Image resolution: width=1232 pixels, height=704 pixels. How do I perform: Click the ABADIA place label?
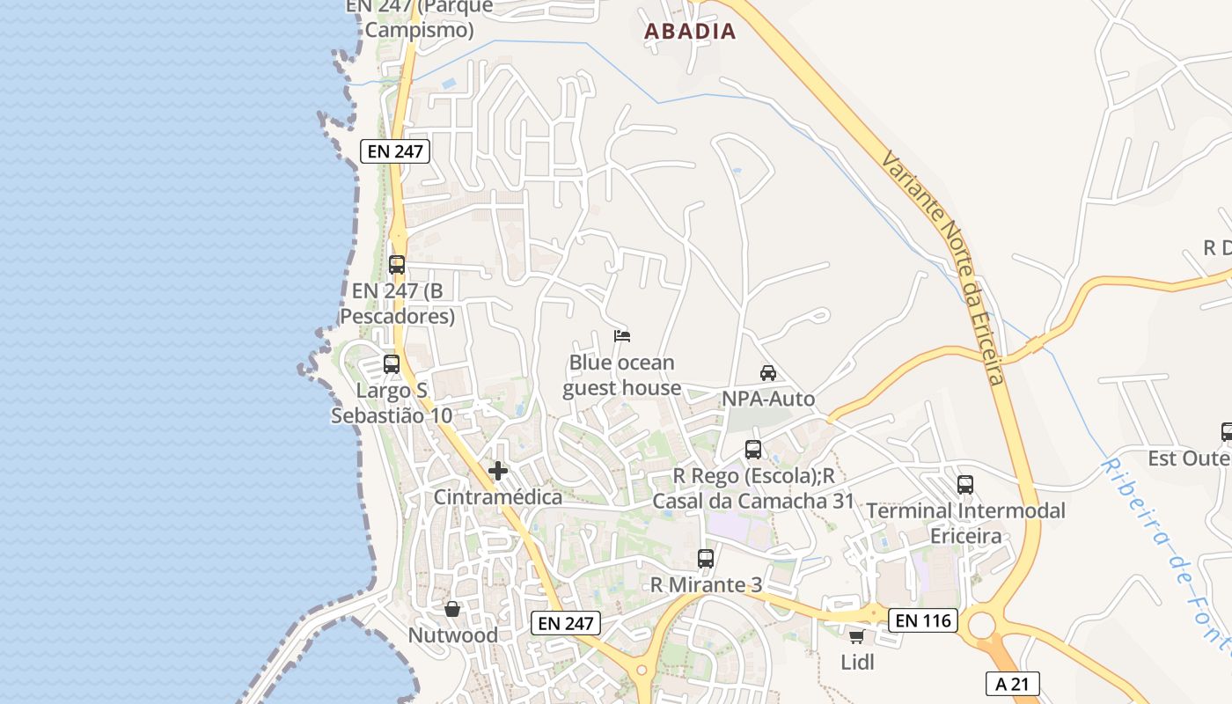coord(690,32)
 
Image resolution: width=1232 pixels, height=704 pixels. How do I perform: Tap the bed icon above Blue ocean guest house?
coord(622,335)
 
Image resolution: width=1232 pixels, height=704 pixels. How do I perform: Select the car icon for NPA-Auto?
coord(768,372)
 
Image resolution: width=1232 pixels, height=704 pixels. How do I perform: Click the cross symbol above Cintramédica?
coord(498,471)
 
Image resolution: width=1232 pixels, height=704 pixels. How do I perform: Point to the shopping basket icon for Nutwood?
coord(452,609)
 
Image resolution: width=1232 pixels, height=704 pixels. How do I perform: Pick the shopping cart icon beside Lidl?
coord(856,636)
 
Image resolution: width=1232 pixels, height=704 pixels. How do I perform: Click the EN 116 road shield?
coord(922,620)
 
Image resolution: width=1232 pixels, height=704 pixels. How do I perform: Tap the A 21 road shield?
coord(1012,684)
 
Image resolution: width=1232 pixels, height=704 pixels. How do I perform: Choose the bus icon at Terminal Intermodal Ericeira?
coord(965,485)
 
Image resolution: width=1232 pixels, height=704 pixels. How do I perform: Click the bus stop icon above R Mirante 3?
coord(706,558)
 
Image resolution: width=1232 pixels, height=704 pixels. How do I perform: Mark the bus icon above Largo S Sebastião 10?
coord(392,363)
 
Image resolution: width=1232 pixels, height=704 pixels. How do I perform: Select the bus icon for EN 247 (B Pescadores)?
coord(397,264)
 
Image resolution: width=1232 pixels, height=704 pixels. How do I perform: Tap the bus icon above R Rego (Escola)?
coord(753,450)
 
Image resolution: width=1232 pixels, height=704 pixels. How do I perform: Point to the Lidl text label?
coord(858,662)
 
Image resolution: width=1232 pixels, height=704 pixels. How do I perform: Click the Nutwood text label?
coord(452,634)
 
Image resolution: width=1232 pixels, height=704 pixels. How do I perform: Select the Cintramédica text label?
coord(498,497)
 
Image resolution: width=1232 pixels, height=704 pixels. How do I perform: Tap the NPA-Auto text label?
coord(768,399)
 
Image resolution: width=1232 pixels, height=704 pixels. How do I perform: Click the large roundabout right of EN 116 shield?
coord(980,627)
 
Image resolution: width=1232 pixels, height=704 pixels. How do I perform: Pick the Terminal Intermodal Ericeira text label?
coord(965,523)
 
